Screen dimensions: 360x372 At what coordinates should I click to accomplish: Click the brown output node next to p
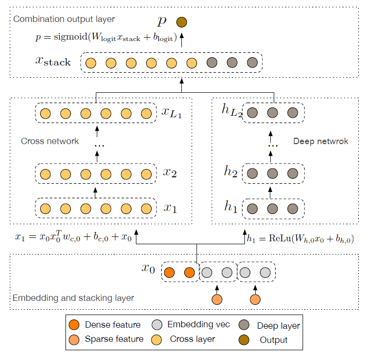[x=181, y=22]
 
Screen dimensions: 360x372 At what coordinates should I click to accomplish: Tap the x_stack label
[x=53, y=62]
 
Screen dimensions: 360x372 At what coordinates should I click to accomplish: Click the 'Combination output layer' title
[x=64, y=20]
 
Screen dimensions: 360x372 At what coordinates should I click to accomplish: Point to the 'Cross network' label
[x=50, y=141]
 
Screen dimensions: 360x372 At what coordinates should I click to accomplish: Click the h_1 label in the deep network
[x=231, y=208]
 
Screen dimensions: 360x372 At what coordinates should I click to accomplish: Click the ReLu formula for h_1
[x=300, y=239]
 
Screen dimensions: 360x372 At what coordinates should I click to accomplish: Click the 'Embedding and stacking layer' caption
[x=73, y=297]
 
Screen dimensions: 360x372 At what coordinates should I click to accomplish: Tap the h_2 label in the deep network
[x=231, y=173]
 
